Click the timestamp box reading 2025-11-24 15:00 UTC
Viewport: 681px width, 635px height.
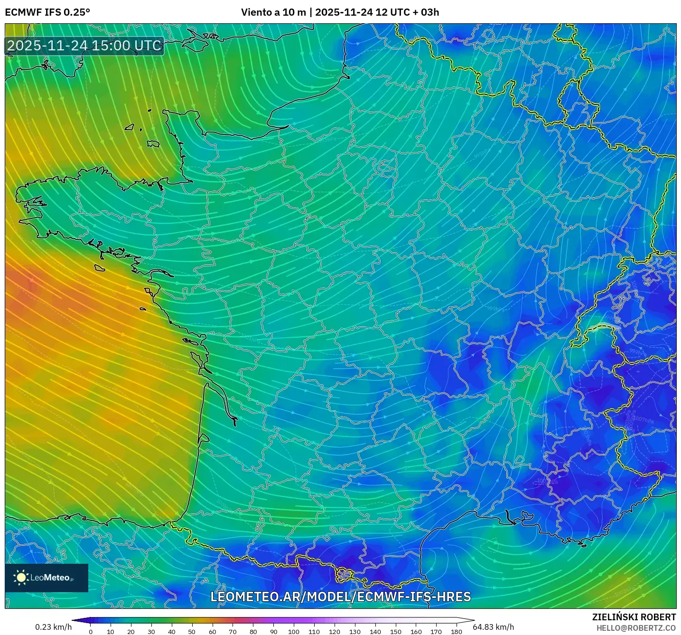tap(84, 46)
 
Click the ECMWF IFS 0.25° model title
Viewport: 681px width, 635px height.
tap(47, 12)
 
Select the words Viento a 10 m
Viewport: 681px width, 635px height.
tap(273, 12)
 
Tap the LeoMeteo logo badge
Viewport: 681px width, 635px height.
tap(47, 578)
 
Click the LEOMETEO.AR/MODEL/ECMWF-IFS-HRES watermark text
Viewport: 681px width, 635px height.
tap(340, 597)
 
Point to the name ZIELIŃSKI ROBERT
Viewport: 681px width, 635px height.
tap(634, 617)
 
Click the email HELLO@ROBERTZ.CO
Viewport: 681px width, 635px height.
tap(636, 628)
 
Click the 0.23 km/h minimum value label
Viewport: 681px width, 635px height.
tap(53, 627)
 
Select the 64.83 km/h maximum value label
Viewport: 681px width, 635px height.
tap(494, 627)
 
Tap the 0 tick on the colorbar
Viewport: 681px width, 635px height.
tap(91, 632)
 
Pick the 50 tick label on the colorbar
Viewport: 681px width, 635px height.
tap(192, 632)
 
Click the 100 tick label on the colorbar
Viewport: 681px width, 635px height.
tap(294, 632)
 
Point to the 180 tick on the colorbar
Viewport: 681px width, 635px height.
tap(456, 632)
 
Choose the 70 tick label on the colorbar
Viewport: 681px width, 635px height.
tap(233, 632)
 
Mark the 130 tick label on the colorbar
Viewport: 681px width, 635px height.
tap(355, 632)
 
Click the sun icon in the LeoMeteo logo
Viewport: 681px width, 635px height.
tap(21, 578)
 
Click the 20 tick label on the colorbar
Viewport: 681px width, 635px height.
tap(131, 632)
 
